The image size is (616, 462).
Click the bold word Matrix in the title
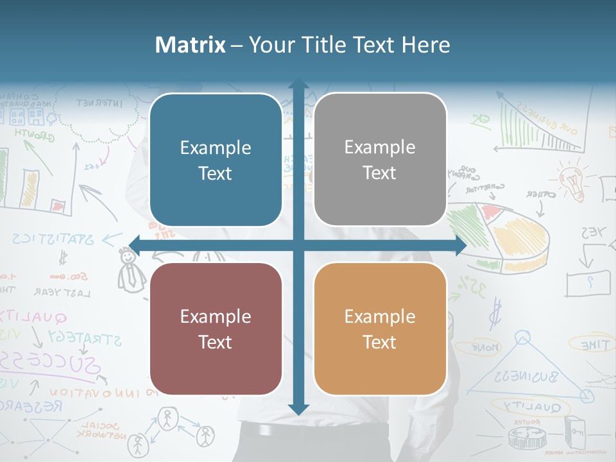tap(191, 45)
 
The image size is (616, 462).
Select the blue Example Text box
tap(216, 160)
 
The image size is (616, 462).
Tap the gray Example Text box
tap(380, 160)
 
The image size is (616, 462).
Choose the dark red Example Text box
tap(216, 329)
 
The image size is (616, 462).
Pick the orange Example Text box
tap(380, 329)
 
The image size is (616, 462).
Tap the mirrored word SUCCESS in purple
tap(55, 363)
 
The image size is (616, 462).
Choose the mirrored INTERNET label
tap(99, 102)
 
